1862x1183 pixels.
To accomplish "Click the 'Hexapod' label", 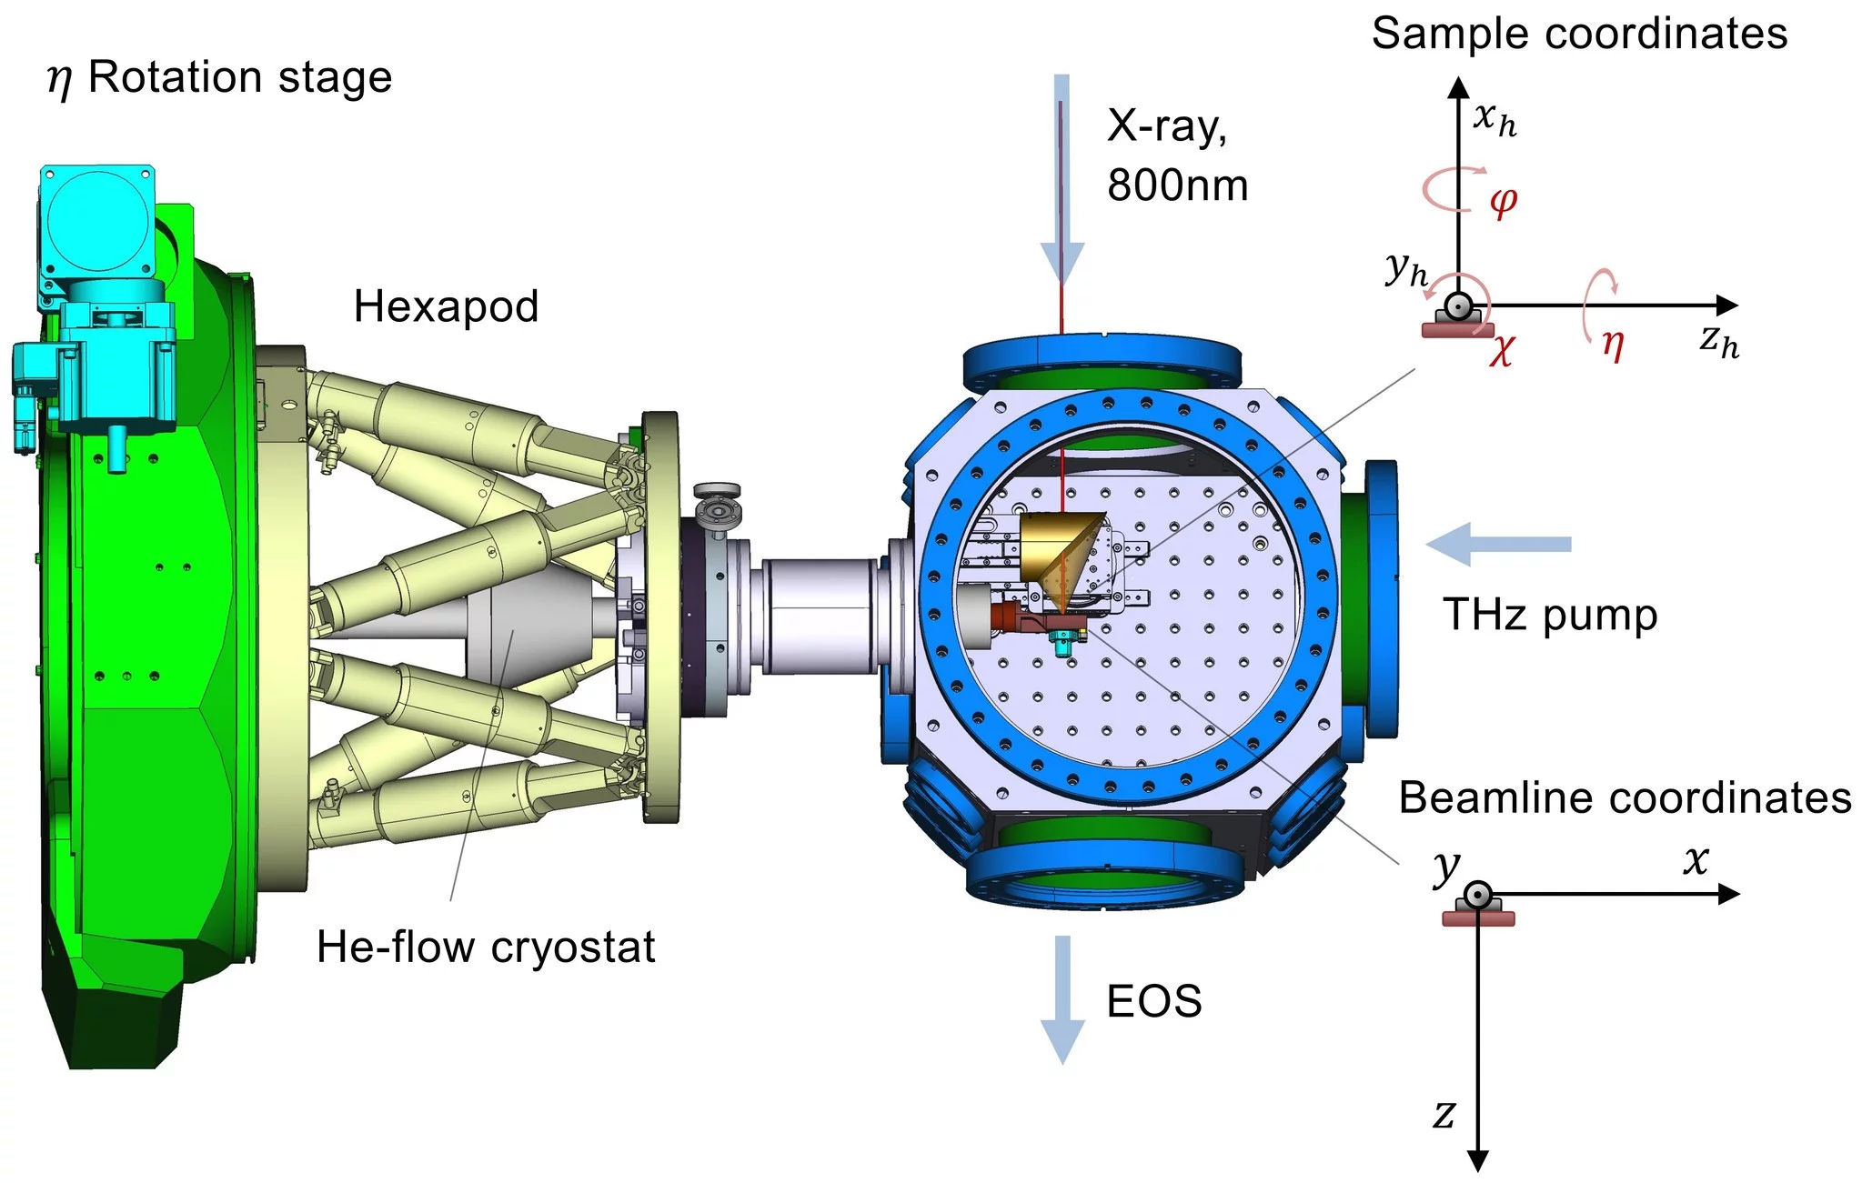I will [x=446, y=306].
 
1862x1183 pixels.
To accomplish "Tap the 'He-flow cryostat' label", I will [x=485, y=947].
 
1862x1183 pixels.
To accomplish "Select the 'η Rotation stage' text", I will [x=219, y=77].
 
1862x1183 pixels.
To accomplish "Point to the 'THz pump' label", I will [x=1550, y=615].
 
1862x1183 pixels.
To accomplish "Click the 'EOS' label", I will [x=1153, y=1001].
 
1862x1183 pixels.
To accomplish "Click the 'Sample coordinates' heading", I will [x=1579, y=34].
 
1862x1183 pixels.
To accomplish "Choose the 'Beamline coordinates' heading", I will [x=1625, y=797].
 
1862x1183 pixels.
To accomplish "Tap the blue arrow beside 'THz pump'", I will [x=1497, y=545].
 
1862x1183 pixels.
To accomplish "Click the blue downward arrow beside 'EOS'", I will [x=1062, y=999].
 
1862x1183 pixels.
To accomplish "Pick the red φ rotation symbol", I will [x=1503, y=201].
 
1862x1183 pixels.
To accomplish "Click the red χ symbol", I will [x=1501, y=350].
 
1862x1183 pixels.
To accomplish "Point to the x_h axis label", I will [x=1495, y=118].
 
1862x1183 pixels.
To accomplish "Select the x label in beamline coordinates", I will [x=1695, y=859].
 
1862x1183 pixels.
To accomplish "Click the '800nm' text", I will [x=1177, y=185].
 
